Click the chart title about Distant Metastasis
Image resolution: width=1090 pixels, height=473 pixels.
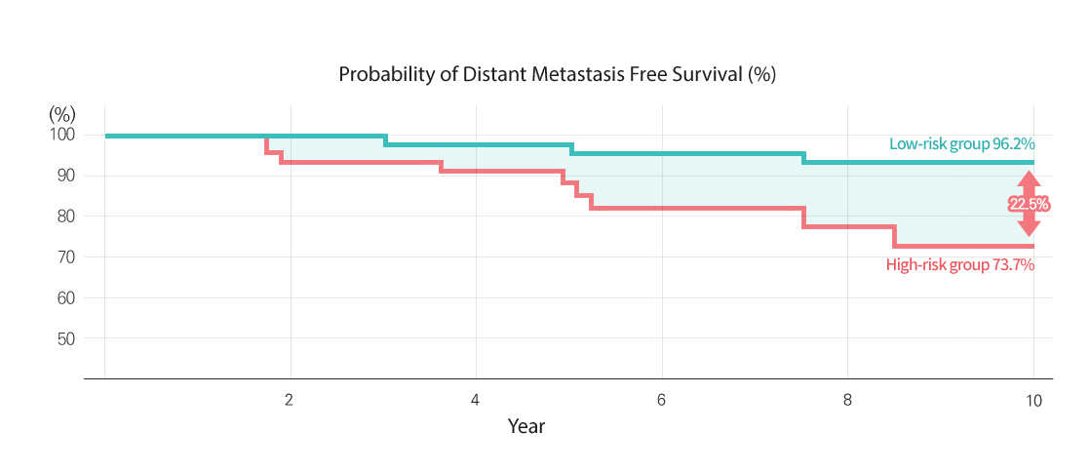[x=557, y=75]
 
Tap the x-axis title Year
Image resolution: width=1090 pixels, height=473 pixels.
[x=526, y=426]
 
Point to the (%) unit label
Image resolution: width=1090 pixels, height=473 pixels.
[x=61, y=114]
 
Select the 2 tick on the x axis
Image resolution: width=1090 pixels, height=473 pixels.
[x=290, y=400]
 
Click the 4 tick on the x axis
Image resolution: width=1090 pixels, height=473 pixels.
[x=475, y=400]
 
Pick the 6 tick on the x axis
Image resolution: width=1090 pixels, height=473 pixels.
[x=661, y=400]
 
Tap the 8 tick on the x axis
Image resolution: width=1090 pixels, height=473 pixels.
[x=847, y=400]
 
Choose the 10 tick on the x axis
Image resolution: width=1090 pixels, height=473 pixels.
[x=1033, y=400]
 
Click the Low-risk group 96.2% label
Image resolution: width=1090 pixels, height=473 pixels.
[x=961, y=144]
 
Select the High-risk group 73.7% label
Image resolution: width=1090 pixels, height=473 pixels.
[x=959, y=264]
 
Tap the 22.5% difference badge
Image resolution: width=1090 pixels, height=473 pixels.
[x=1029, y=204]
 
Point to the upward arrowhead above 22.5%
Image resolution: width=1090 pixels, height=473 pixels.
[x=1029, y=180]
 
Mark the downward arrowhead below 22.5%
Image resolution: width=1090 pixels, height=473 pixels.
[x=1029, y=227]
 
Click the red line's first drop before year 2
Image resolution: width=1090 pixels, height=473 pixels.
[x=266, y=144]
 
